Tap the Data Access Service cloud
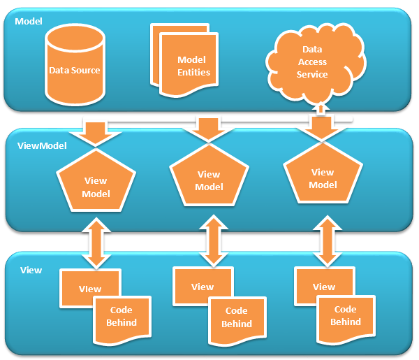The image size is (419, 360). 314,63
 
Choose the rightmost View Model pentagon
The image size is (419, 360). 322,178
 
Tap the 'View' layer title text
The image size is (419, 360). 31,269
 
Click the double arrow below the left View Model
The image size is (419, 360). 96,242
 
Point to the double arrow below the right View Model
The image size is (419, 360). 324,239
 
